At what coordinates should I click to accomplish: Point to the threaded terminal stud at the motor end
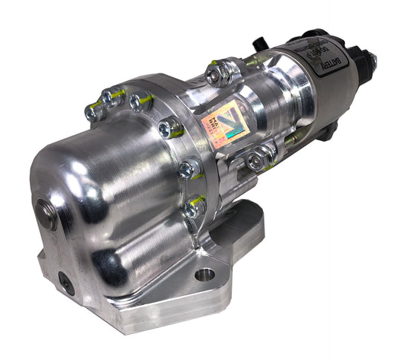point(371,59)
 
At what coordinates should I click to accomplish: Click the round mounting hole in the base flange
point(204,275)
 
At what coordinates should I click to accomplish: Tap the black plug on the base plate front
point(67,282)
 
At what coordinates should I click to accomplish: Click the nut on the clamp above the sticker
point(217,73)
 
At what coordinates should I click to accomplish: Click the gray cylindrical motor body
point(312,89)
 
